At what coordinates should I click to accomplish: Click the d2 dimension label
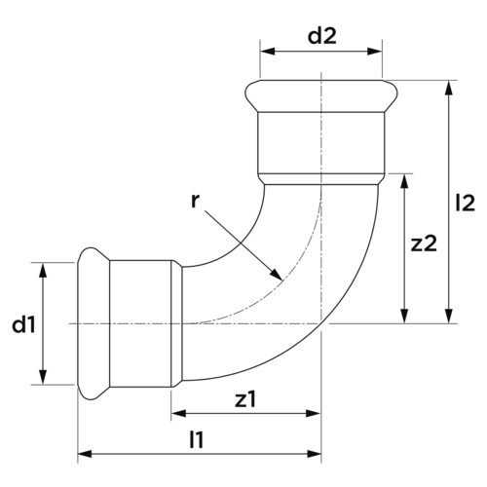click(x=322, y=36)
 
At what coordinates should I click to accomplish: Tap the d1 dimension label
click(x=23, y=324)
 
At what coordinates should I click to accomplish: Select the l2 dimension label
click(x=465, y=204)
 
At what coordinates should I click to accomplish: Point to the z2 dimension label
click(x=424, y=244)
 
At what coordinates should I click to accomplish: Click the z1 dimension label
click(x=245, y=399)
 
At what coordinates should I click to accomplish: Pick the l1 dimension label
click(x=197, y=440)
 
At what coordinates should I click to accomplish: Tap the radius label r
click(x=194, y=202)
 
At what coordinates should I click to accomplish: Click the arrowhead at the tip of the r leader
click(x=277, y=275)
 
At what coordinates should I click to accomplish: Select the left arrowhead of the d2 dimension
click(x=268, y=52)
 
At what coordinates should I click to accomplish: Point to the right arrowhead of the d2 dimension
click(x=374, y=52)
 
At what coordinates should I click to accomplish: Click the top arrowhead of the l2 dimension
click(x=449, y=88)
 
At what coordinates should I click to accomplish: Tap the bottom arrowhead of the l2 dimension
click(x=449, y=316)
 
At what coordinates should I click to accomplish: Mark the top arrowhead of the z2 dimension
click(x=404, y=181)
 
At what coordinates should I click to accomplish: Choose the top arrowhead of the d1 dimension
click(x=43, y=270)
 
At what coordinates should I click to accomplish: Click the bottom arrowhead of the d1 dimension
click(x=43, y=377)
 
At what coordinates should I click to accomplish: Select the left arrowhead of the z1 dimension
click(x=179, y=413)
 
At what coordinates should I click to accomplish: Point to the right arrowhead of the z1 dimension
click(x=314, y=413)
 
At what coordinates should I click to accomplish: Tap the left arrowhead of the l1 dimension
click(x=86, y=454)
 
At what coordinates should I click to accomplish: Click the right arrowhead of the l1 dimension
click(x=314, y=454)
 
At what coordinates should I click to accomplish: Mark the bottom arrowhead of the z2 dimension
click(x=404, y=316)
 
